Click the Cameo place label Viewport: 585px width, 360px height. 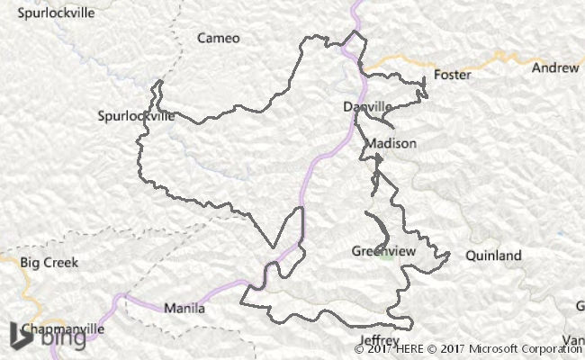point(220,39)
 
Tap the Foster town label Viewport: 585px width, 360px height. point(452,75)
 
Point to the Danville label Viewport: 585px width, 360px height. point(368,107)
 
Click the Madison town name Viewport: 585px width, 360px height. point(391,143)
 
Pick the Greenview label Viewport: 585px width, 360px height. point(382,251)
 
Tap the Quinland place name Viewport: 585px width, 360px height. point(493,256)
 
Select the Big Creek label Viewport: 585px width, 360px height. point(49,263)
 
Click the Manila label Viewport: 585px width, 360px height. point(184,308)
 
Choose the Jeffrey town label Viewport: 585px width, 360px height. point(378,340)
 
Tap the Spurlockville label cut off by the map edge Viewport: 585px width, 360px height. point(50,13)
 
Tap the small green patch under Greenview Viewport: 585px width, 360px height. point(385,258)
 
